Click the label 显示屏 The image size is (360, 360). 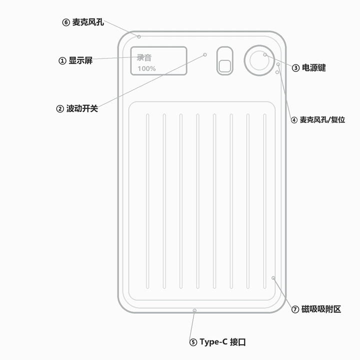[80, 60]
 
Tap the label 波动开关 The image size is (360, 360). [82, 108]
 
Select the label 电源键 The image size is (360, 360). [313, 67]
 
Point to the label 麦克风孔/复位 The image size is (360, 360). [322, 119]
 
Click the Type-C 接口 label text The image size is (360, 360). [222, 342]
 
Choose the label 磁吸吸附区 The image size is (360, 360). [321, 309]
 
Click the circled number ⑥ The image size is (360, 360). [66, 22]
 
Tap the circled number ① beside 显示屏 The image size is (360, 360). [62, 61]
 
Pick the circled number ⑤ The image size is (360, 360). [193, 342]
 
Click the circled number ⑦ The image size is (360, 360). [295, 309]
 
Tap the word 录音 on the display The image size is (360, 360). [144, 57]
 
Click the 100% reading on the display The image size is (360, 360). [146, 68]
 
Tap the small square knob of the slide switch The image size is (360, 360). [225, 66]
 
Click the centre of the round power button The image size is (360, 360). [259, 60]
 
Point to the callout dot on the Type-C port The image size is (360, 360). [194, 310]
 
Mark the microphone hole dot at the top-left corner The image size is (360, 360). [139, 36]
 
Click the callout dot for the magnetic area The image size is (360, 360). [273, 278]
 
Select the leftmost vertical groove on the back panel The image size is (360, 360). [147, 201]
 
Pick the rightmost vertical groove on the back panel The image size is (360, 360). [264, 201]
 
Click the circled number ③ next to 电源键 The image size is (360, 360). [295, 68]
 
